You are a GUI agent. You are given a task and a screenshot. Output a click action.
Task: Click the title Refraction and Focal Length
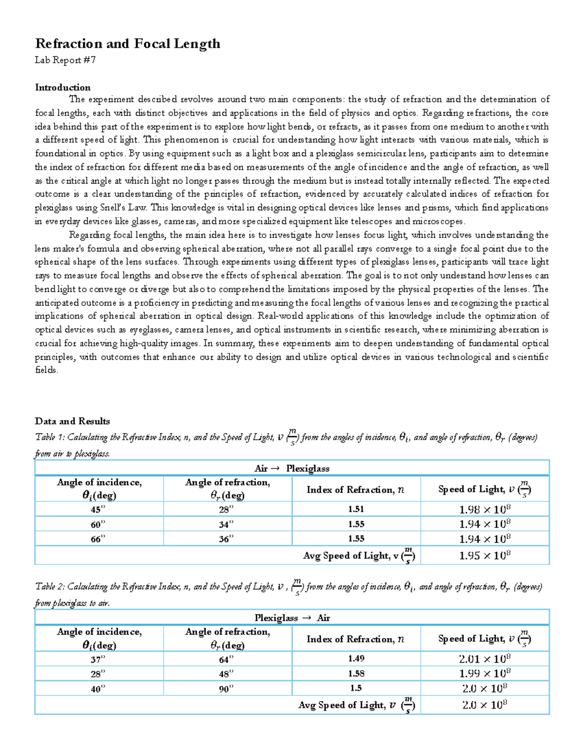tap(127, 44)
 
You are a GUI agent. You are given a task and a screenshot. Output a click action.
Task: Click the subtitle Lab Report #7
tap(65, 60)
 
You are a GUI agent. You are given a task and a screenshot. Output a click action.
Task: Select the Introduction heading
tap(63, 87)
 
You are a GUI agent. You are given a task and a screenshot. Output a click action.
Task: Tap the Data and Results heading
tap(72, 421)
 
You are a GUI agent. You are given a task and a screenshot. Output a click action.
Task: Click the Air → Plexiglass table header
tap(291, 469)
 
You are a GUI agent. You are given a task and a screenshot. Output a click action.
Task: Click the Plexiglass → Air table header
tap(291, 618)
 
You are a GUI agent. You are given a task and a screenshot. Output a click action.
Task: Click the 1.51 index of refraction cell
tap(356, 509)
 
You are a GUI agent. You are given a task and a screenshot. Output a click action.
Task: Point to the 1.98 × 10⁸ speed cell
tap(484, 509)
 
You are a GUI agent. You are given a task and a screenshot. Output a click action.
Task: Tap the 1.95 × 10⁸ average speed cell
tap(484, 555)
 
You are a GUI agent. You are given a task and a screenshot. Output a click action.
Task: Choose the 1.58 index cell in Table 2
tap(356, 674)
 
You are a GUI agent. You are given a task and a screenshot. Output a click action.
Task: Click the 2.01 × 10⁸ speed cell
tap(484, 659)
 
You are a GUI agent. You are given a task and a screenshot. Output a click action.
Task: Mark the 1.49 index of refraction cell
tap(356, 659)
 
